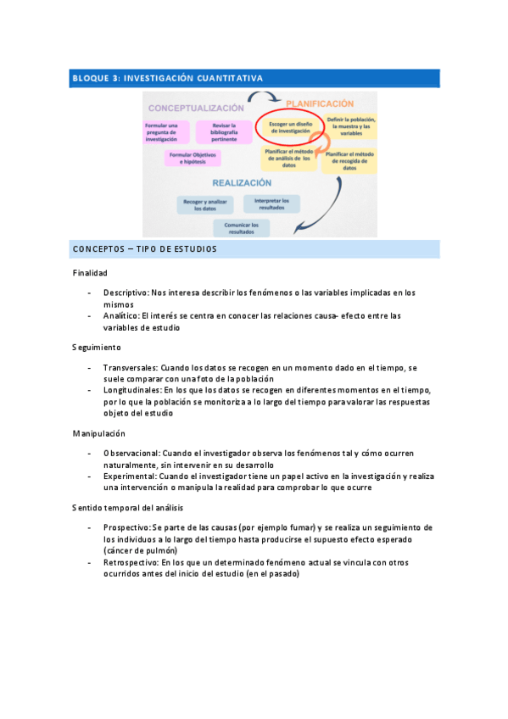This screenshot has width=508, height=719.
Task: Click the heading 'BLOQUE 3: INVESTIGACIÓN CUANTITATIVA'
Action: pos(167,78)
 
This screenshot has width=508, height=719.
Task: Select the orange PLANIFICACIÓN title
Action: pos(319,103)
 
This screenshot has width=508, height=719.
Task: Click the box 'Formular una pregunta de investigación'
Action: pos(161,131)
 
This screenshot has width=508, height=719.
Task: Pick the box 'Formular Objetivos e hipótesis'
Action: pos(193,159)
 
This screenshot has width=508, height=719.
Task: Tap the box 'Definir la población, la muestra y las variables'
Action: pos(350,127)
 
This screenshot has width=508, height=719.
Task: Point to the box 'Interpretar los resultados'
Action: pos(271,203)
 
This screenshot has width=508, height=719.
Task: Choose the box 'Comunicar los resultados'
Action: pos(242,227)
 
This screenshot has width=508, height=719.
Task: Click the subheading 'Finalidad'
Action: pos(90,273)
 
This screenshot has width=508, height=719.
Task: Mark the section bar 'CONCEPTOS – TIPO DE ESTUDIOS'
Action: pos(145,249)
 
